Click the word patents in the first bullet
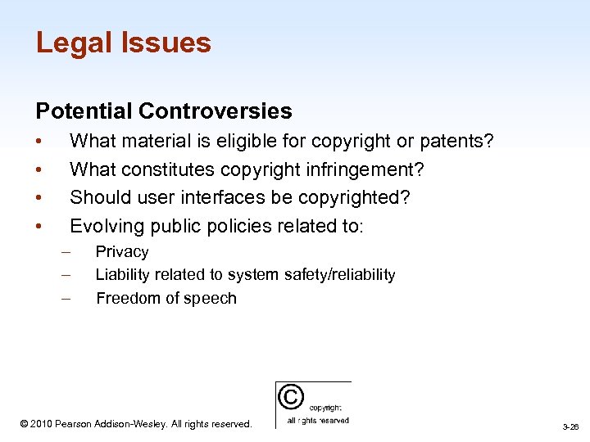pos(455,142)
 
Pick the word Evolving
pos(103,226)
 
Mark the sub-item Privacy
pos(122,252)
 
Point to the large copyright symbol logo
pos(290,397)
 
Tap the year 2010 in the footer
pos(44,424)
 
